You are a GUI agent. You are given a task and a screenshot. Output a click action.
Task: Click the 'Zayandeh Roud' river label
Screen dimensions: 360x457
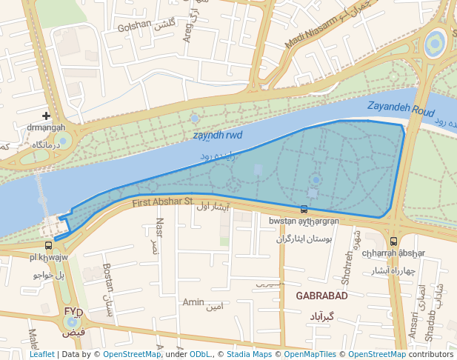click(x=400, y=109)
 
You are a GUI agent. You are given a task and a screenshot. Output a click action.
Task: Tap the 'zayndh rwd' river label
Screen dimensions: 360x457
click(x=218, y=136)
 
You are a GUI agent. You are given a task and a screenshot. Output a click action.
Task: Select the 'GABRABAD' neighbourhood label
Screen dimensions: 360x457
click(x=321, y=296)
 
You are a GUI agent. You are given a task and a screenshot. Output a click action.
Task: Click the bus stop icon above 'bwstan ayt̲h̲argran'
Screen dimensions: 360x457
click(x=304, y=210)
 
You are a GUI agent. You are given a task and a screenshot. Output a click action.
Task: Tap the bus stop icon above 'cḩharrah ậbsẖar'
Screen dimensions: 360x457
click(x=393, y=241)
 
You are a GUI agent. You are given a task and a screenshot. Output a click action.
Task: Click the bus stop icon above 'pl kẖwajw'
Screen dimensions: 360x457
click(x=48, y=245)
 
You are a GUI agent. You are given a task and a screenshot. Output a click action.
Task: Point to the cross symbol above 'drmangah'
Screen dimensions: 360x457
click(x=47, y=116)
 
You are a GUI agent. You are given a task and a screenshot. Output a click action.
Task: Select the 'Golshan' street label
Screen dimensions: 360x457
click(x=134, y=27)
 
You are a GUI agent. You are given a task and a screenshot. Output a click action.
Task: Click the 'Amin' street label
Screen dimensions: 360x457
click(x=193, y=301)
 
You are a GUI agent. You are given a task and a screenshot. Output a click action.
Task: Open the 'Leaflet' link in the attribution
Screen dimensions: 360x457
click(x=41, y=354)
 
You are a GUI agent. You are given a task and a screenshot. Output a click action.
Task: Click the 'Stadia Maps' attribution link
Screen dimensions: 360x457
click(x=248, y=354)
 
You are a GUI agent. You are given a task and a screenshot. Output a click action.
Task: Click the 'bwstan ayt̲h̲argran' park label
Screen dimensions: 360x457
click(x=304, y=221)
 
